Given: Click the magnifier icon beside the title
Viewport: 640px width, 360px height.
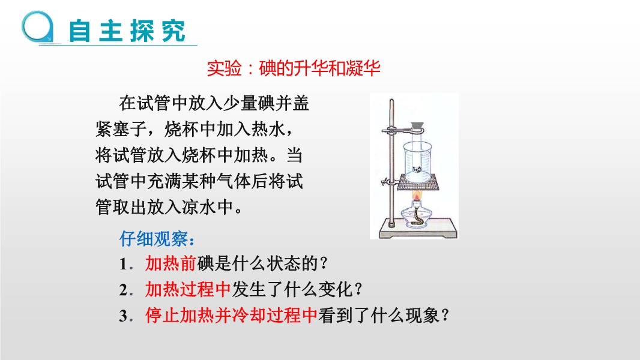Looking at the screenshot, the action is [x=38, y=27].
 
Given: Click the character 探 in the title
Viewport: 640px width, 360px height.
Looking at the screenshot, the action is [x=142, y=31].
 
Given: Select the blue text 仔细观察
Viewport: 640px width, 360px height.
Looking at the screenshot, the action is [x=154, y=239].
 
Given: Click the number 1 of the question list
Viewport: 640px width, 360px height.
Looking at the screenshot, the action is [x=123, y=264].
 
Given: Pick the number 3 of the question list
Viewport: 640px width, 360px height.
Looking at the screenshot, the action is [x=123, y=316].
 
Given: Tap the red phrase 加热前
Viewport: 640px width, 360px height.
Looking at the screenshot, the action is [x=171, y=264].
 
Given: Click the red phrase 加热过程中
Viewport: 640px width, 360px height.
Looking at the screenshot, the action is [x=188, y=290].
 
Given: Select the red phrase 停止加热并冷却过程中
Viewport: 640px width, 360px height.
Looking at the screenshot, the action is [x=231, y=316].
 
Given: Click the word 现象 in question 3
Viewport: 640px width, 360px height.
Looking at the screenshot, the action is [x=422, y=316].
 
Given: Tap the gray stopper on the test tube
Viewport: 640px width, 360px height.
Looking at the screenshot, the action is [x=417, y=126].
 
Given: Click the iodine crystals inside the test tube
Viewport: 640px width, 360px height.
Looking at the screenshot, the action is [x=417, y=169].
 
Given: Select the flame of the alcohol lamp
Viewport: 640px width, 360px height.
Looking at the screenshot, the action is [x=416, y=197].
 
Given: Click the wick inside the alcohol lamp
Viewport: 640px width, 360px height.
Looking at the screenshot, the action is [x=417, y=216].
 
